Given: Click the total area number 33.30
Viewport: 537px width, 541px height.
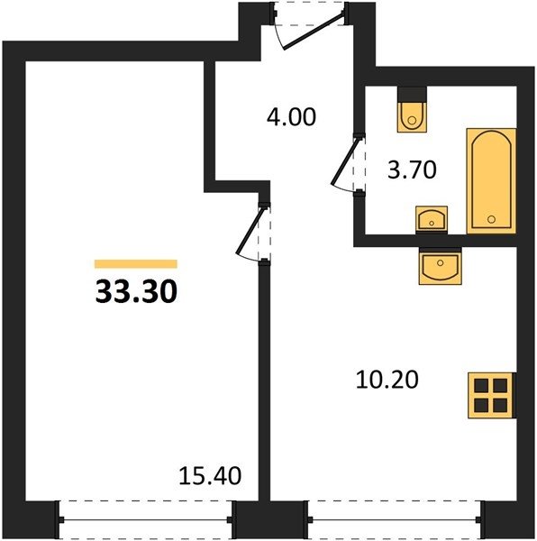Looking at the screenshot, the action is click(x=136, y=291).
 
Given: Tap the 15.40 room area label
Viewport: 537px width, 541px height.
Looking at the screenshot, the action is click(x=210, y=475).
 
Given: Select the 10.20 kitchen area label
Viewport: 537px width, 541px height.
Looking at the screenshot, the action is click(x=387, y=380).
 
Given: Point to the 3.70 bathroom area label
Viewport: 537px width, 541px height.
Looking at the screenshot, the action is click(x=412, y=170).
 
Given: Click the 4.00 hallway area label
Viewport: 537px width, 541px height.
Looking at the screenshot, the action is click(x=291, y=116).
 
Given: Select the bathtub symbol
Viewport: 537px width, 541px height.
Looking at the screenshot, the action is click(x=491, y=181).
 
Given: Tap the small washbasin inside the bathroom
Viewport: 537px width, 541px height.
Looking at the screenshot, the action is click(x=432, y=219).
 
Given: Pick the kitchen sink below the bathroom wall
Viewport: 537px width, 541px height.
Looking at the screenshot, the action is click(x=441, y=266).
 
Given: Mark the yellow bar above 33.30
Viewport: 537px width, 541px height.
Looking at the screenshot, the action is click(x=136, y=264).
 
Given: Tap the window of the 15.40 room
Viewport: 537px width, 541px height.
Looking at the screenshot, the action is click(x=145, y=519).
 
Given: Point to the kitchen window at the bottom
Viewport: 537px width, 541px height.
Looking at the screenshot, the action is click(x=394, y=519).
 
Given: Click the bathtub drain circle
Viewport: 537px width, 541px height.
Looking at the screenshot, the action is click(x=492, y=219).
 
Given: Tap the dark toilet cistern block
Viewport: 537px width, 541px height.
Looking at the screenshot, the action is click(x=412, y=94).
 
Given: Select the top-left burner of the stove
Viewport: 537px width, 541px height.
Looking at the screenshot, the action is click(x=481, y=385).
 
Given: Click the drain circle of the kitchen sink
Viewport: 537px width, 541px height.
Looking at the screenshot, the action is click(x=441, y=263).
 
